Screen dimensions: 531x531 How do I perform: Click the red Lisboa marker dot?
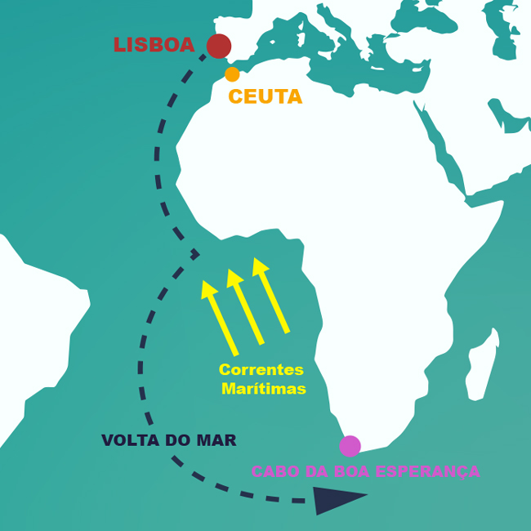pos(218,46)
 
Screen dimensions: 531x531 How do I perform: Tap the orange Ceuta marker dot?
pos(232,74)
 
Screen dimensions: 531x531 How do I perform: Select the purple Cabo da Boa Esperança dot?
pos(350,446)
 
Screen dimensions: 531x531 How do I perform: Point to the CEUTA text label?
pos(265,97)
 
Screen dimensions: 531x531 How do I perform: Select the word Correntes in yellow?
pos(261,370)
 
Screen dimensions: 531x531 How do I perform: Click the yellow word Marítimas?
pos(264,389)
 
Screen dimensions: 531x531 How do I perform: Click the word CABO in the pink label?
pos(272,471)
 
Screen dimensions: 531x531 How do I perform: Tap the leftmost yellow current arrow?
pos(221,319)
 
